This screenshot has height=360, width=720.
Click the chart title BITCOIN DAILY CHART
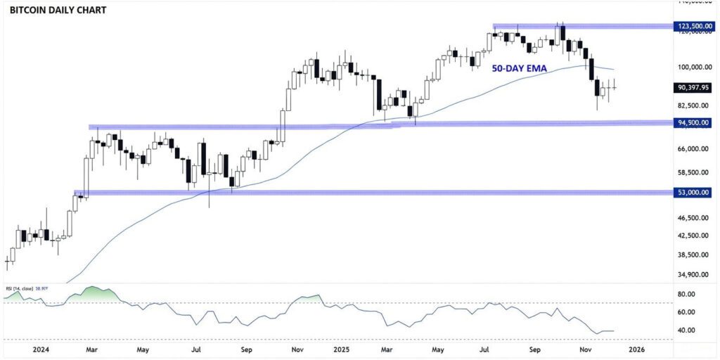point(57,11)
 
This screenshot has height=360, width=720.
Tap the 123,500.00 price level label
point(693,26)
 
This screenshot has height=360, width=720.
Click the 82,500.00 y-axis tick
point(693,105)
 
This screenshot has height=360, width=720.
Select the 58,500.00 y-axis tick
point(693,172)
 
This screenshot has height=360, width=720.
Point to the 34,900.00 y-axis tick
point(693,275)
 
